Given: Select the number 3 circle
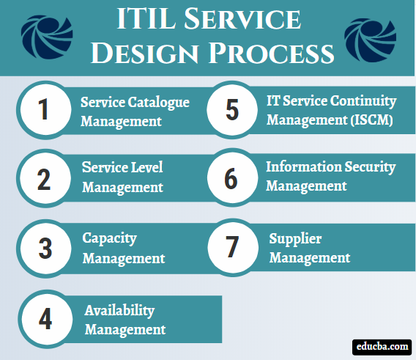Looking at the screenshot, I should click(x=45, y=249).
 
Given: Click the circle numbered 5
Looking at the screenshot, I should click(x=232, y=110).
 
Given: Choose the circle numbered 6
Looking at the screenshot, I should click(x=232, y=177).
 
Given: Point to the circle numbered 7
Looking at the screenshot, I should click(x=232, y=249).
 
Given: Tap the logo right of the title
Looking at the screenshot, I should click(x=370, y=35).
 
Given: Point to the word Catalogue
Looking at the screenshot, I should click(x=163, y=103).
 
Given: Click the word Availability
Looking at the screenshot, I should click(x=119, y=311).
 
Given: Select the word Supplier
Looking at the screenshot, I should click(x=295, y=239).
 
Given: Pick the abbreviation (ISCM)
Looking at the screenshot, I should click(x=366, y=120).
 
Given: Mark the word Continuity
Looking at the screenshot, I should click(x=361, y=100).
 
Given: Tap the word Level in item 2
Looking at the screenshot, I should click(x=146, y=167).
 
